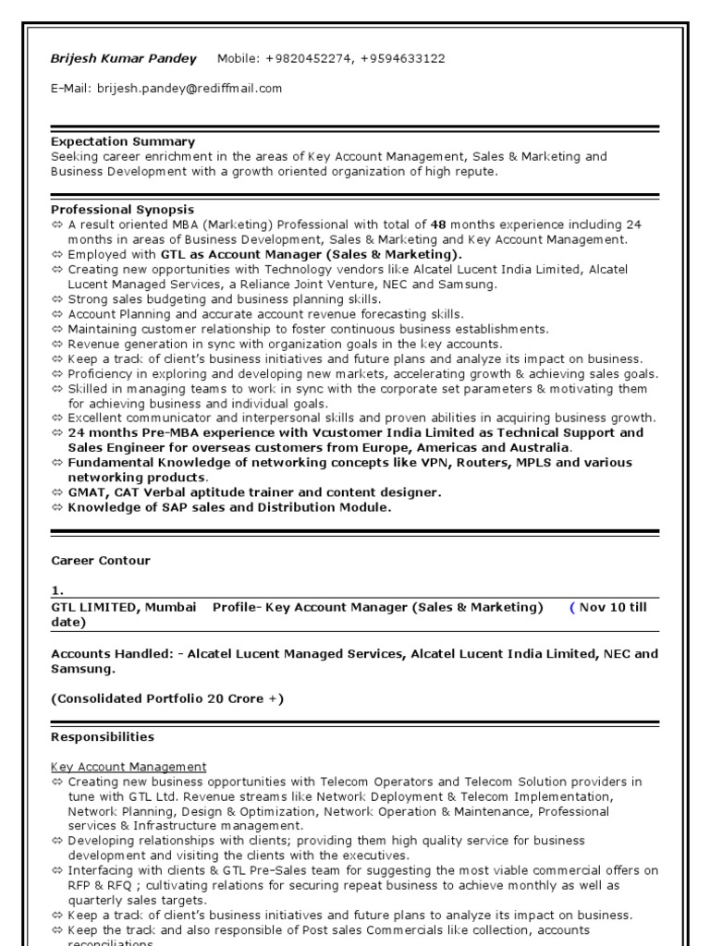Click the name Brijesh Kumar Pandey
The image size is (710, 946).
pyautogui.click(x=123, y=59)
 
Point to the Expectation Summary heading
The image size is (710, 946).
pyautogui.click(x=123, y=141)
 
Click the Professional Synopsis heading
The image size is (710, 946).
pyautogui.click(x=122, y=210)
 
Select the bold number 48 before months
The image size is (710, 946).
pyautogui.click(x=438, y=224)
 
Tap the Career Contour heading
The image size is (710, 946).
pyautogui.click(x=100, y=561)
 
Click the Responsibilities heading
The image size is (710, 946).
pyautogui.click(x=103, y=737)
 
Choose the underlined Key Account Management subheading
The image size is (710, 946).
pyautogui.click(x=129, y=767)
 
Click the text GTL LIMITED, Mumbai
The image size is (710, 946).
pyautogui.click(x=123, y=607)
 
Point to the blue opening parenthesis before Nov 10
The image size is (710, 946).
pyautogui.click(x=571, y=607)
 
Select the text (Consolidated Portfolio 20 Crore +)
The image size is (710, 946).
pyautogui.click(x=167, y=698)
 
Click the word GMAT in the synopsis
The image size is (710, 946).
pyautogui.click(x=87, y=492)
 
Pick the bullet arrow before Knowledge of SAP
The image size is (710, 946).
pyautogui.click(x=57, y=507)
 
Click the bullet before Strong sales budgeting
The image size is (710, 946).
pyautogui.click(x=57, y=299)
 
